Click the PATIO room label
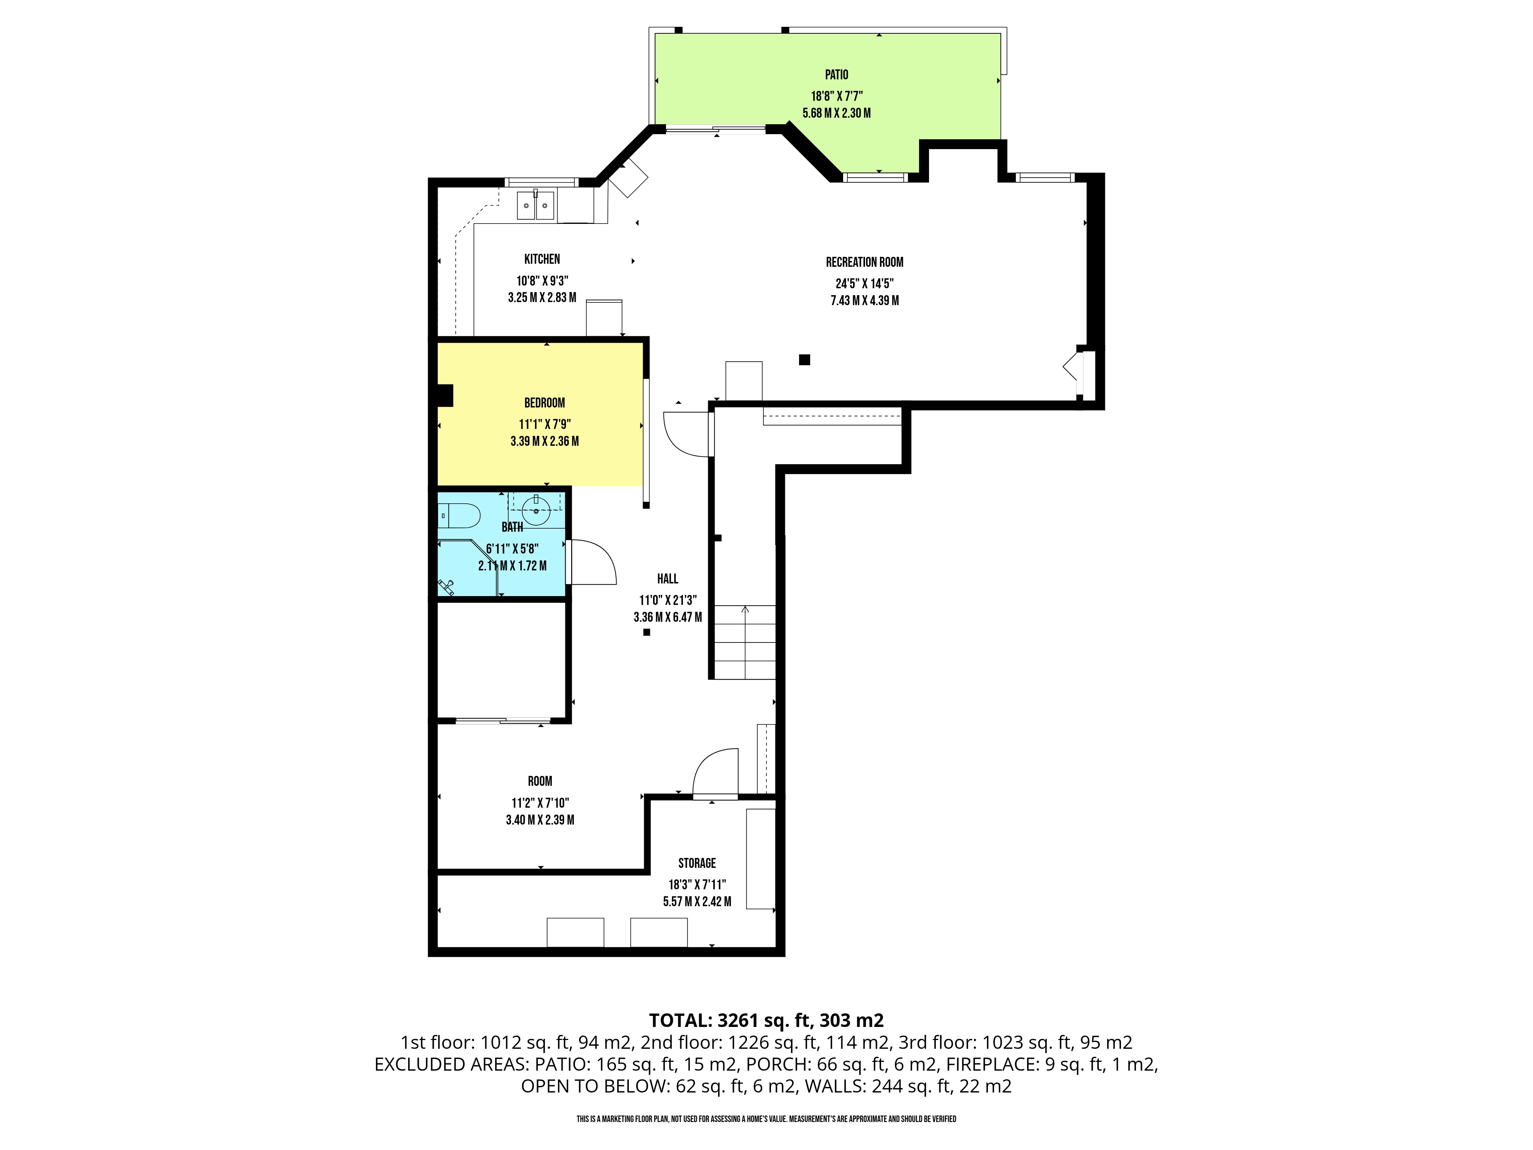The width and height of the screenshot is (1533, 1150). tap(837, 75)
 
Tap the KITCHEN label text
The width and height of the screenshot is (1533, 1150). tap(542, 259)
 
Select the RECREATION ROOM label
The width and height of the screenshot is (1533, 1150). tap(864, 262)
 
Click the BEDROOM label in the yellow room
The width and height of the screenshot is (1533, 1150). tap(544, 403)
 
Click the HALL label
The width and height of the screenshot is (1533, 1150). tap(667, 579)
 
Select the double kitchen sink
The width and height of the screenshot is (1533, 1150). tap(536, 205)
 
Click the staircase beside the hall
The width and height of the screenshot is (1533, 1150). tap(745, 642)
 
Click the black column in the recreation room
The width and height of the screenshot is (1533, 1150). tap(804, 360)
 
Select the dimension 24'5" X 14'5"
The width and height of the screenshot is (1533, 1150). tap(864, 284)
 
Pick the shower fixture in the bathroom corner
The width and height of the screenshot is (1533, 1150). tap(446, 587)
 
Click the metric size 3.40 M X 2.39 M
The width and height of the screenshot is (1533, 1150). tap(540, 820)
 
